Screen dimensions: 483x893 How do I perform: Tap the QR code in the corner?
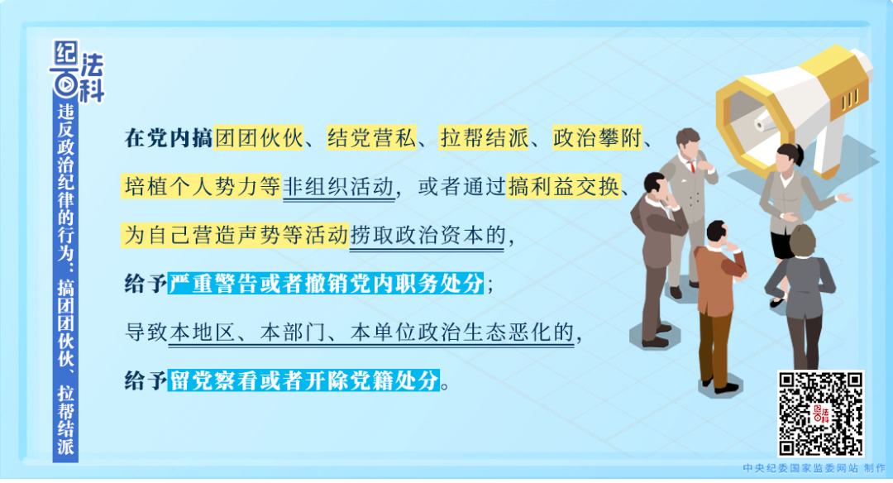coord(820,413)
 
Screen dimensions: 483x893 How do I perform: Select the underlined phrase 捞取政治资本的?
coord(427,236)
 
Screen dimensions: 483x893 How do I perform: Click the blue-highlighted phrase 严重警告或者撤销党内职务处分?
coord(326,285)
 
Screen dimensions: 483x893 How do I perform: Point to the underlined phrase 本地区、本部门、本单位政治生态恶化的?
coord(370,333)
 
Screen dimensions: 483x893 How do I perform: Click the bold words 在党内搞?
coord(169,138)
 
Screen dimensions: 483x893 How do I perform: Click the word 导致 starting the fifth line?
coord(146,333)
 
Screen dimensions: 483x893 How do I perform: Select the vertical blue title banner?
coord(65,281)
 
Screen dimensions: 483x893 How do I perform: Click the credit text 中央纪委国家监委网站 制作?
coord(802,468)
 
